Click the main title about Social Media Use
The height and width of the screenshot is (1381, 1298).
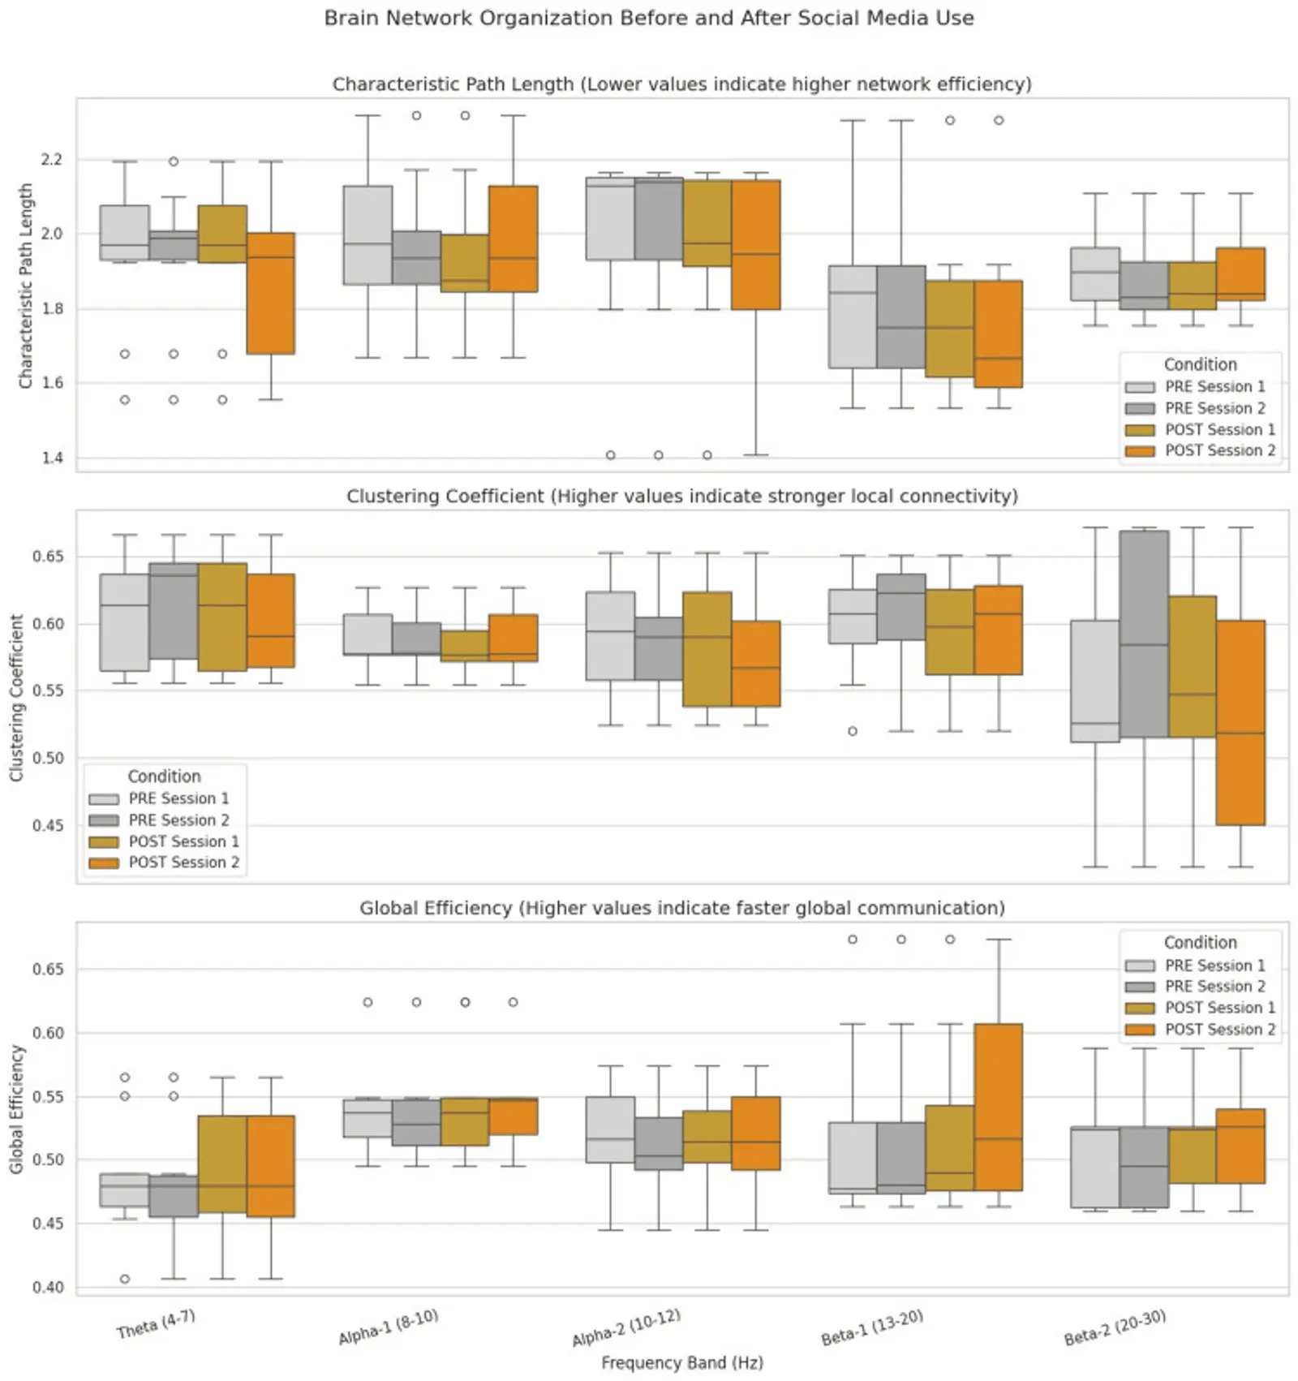(x=649, y=18)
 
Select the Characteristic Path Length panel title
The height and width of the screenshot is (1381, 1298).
(x=681, y=84)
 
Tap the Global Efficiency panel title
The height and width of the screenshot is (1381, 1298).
(x=681, y=908)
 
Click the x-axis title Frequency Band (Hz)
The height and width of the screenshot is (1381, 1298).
(x=681, y=1362)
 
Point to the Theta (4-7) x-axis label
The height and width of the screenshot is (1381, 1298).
(x=156, y=1325)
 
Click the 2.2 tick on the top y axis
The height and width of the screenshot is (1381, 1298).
(x=51, y=160)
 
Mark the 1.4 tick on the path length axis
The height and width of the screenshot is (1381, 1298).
(x=51, y=458)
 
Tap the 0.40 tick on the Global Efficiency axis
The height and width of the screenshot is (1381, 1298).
(x=48, y=1288)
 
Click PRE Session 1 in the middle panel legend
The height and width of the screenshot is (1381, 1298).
(x=178, y=798)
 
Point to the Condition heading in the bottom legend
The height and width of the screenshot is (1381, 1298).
(x=1200, y=943)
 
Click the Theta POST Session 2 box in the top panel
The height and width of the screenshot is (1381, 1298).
(x=271, y=293)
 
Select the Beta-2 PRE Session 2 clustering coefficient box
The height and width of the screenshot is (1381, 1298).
(x=1144, y=634)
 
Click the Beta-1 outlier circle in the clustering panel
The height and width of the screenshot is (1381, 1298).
(x=853, y=731)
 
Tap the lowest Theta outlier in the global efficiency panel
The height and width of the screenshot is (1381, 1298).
(x=125, y=1279)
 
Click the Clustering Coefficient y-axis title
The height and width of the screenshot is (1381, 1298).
(x=16, y=697)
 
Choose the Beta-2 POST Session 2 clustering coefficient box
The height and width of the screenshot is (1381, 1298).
(x=1240, y=722)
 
